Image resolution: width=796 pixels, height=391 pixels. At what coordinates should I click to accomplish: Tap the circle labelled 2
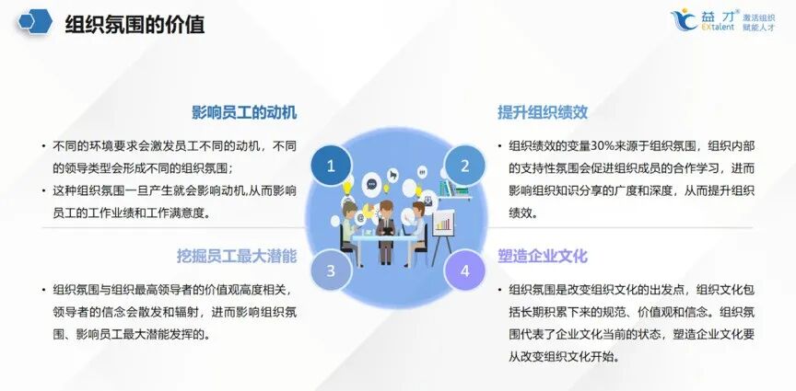[x=464, y=167]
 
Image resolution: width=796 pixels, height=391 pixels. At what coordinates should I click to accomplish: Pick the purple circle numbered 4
[x=464, y=270]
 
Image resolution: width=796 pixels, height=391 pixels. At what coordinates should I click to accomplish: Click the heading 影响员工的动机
[x=244, y=112]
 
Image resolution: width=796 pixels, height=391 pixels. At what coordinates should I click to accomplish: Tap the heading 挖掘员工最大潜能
[x=237, y=255]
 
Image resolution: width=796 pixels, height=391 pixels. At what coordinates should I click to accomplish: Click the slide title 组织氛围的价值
[x=135, y=25]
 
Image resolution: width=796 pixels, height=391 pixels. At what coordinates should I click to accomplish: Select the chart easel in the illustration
[x=444, y=224]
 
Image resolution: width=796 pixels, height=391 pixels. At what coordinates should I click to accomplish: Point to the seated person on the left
[x=350, y=219]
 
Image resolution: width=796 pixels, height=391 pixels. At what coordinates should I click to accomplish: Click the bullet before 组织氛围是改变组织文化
[x=497, y=289]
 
